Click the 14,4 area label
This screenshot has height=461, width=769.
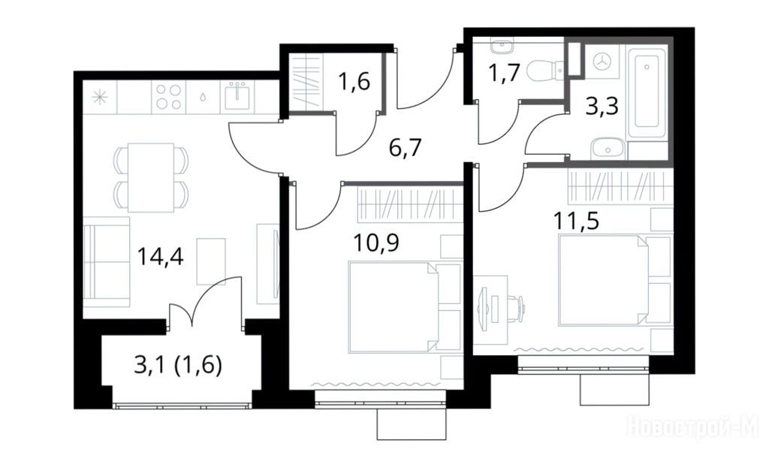point(161,257)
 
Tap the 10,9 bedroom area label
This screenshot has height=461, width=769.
point(376,243)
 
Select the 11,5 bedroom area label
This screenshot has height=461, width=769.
point(576,221)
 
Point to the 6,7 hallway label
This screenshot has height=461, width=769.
point(406,147)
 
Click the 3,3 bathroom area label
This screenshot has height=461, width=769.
point(602,106)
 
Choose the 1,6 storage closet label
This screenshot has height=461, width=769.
point(354,81)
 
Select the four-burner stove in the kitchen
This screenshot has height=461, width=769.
point(169,96)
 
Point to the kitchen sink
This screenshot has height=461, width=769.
point(237,95)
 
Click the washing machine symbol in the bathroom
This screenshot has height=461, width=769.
point(603,62)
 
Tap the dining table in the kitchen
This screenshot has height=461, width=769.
point(151,177)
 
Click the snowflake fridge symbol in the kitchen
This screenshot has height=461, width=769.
point(100,97)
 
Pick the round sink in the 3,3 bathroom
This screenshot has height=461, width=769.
point(608,148)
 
